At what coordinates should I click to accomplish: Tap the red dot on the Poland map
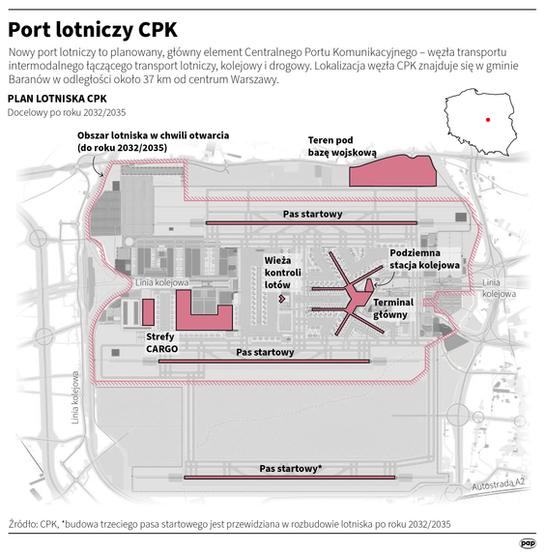[489, 121]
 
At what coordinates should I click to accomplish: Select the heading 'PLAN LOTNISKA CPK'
[56, 99]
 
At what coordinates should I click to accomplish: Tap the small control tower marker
[281, 299]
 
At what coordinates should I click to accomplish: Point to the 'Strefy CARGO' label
[161, 342]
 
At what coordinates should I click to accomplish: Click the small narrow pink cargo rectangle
[148, 311]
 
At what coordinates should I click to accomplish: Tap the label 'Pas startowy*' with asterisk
[291, 468]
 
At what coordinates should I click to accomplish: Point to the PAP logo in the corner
[528, 542]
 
